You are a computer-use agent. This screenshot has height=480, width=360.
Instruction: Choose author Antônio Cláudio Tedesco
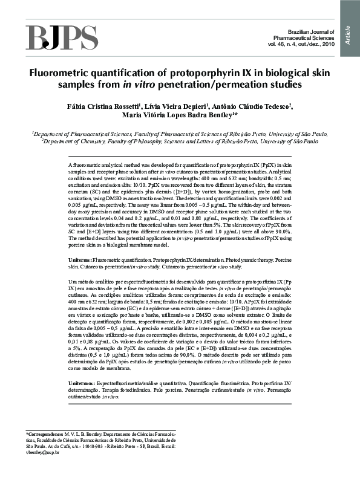point(243,106)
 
